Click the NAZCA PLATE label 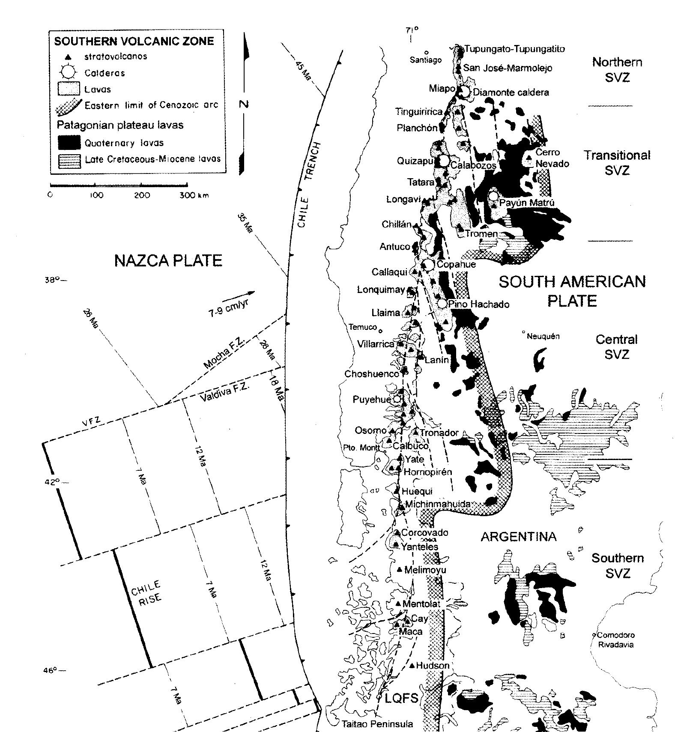pos(168,260)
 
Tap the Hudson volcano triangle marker pos(412,665)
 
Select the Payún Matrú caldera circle pos(493,196)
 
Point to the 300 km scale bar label pos(194,195)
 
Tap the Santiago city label pos(425,60)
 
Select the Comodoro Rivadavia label pos(615,639)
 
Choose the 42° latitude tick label pos(54,482)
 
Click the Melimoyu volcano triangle pos(400,569)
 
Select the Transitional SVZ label pos(617,162)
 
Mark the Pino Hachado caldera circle pos(442,304)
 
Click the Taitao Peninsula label pos(377,724)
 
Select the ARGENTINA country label pos(518,537)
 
